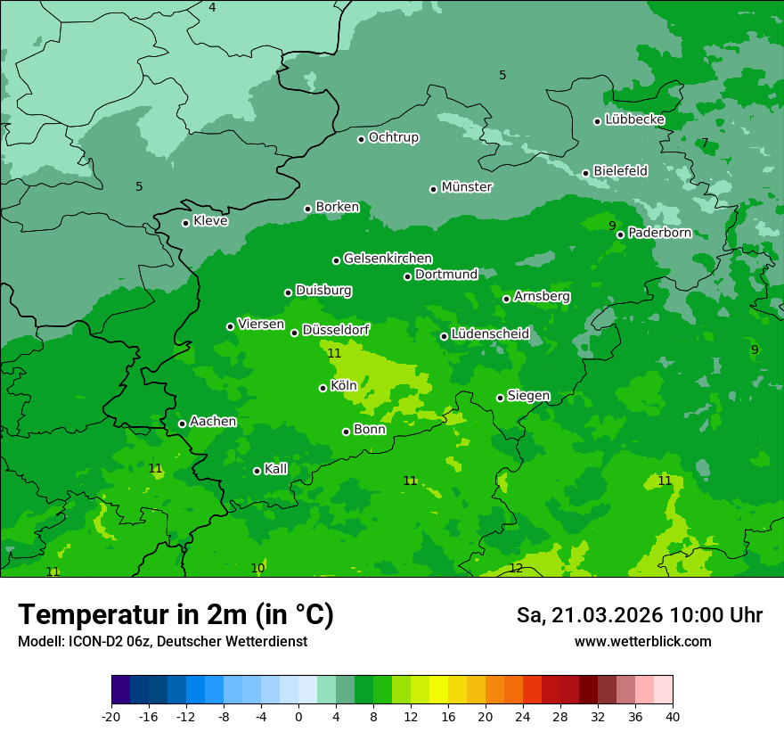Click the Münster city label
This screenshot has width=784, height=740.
pyautogui.click(x=467, y=187)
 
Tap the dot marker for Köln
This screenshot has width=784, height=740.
pyautogui.click(x=323, y=388)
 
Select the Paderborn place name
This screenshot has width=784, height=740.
pyautogui.click(x=660, y=233)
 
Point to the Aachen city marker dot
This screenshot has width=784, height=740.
pyautogui.click(x=182, y=423)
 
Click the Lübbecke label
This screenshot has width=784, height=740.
pyautogui.click(x=635, y=119)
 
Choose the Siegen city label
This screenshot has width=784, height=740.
pyautogui.click(x=528, y=396)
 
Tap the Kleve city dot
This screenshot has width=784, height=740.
pyautogui.click(x=185, y=223)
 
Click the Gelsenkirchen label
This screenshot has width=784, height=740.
pyautogui.click(x=388, y=259)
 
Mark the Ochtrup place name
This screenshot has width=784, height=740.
pyautogui.click(x=394, y=137)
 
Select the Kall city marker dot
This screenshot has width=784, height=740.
pyautogui.click(x=257, y=471)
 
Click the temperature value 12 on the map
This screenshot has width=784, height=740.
pyautogui.click(x=516, y=568)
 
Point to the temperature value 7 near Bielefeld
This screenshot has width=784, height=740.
pyautogui.click(x=705, y=143)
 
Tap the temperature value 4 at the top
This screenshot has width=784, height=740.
pyautogui.click(x=212, y=7)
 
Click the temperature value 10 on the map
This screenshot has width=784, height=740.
pyautogui.click(x=257, y=568)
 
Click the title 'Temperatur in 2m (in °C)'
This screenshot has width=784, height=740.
pyautogui.click(x=176, y=614)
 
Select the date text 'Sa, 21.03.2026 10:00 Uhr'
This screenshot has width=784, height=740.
pyautogui.click(x=639, y=615)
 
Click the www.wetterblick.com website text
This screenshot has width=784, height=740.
pyautogui.click(x=642, y=642)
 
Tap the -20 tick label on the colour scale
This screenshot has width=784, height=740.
pyautogui.click(x=111, y=717)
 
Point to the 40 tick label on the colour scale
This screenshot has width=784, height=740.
pyautogui.click(x=673, y=717)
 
